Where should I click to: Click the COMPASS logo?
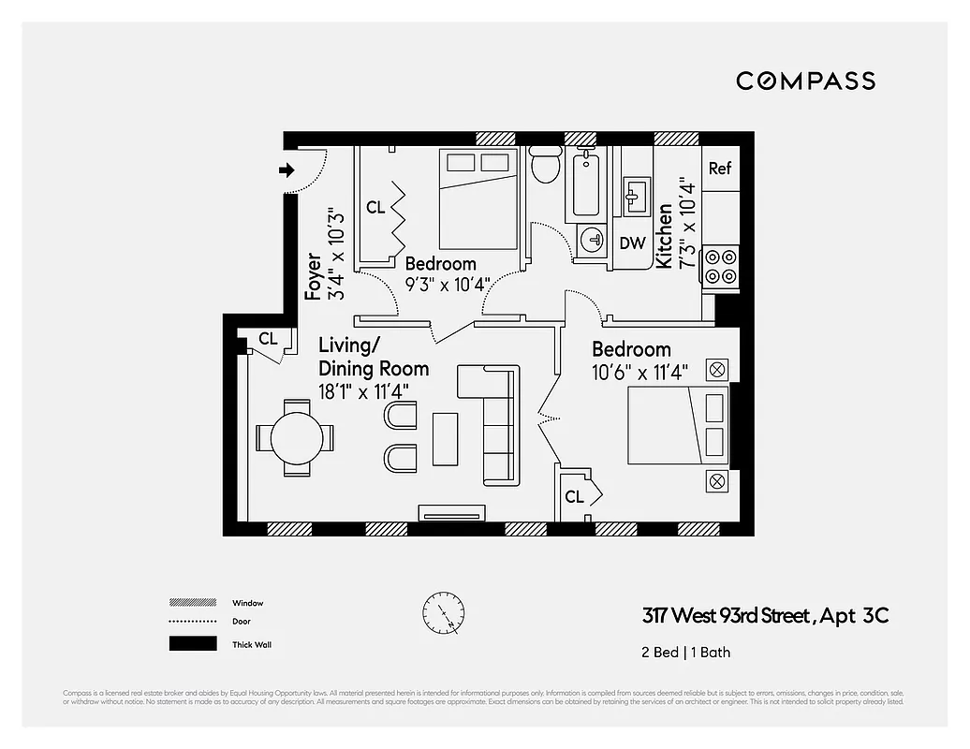805,81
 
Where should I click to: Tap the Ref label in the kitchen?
719,169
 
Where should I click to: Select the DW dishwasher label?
633,243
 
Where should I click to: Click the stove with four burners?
720,266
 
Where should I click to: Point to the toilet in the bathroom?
544,166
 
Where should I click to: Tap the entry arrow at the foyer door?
287,169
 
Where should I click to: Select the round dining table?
296,437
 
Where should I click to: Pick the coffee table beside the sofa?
445,438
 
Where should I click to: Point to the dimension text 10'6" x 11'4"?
639,373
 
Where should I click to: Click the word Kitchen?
664,236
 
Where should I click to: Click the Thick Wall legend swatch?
192,644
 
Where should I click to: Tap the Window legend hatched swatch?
192,603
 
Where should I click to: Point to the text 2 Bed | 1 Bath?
685,653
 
